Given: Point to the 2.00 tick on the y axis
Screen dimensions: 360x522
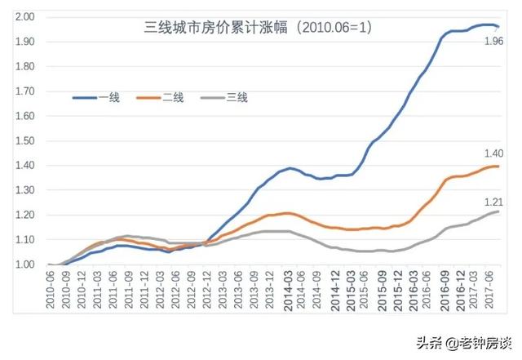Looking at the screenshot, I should (x=24, y=17).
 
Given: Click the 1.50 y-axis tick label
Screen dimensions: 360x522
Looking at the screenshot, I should (x=24, y=141).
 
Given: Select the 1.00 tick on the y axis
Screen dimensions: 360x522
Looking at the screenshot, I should (x=24, y=265).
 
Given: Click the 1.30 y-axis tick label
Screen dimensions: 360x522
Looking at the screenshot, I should (x=24, y=191).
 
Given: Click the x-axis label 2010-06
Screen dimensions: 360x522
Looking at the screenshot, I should (x=51, y=290).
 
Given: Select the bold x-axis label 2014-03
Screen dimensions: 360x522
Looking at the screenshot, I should (x=289, y=290).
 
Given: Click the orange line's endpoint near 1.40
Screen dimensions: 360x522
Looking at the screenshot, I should (x=498, y=167).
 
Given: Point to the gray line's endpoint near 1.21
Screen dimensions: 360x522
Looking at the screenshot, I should (x=498, y=211).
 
